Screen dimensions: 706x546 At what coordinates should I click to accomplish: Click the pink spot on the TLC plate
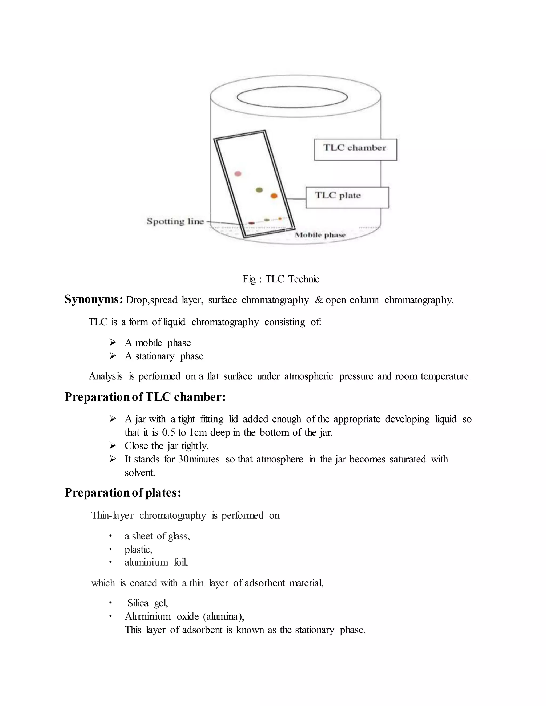[238, 174]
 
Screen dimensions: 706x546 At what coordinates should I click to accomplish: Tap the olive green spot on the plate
[259, 190]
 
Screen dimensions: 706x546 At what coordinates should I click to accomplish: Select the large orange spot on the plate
[274, 196]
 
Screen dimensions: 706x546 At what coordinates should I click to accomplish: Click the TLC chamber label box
[355, 149]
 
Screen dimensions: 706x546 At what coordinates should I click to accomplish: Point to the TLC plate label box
[347, 197]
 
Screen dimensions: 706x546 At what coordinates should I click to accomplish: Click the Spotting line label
[175, 221]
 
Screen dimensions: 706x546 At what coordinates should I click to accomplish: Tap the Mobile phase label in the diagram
[320, 235]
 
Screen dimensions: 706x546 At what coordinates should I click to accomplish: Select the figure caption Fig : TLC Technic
[281, 279]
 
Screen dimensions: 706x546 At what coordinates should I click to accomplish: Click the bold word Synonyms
[93, 299]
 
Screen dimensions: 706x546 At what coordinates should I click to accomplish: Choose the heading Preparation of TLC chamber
[145, 397]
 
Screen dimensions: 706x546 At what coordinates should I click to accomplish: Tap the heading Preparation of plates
[123, 493]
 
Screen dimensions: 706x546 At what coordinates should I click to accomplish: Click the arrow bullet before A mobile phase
[113, 342]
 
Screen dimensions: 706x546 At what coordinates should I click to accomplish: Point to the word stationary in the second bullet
[155, 356]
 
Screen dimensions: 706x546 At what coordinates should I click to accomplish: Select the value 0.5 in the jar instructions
[168, 432]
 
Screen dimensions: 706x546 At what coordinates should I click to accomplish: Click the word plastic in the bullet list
[138, 550]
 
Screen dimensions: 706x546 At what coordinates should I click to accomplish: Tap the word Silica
[138, 603]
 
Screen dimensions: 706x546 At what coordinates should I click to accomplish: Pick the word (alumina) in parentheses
[223, 617]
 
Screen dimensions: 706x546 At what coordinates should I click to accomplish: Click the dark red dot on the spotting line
[251, 223]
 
